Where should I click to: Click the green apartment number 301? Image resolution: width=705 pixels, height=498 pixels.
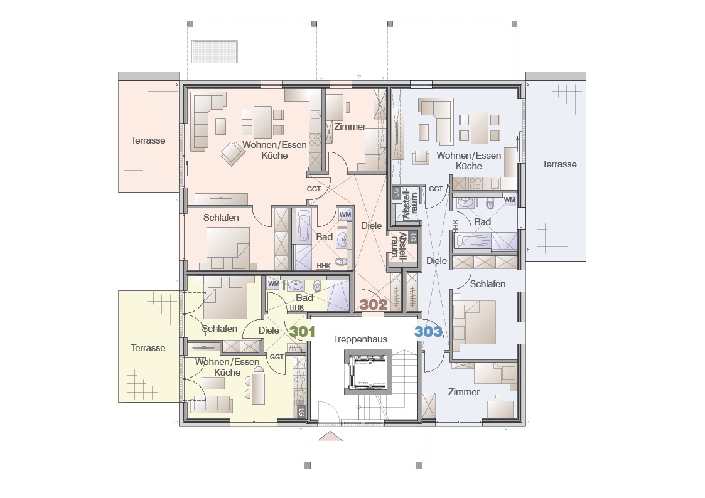(x=302, y=332)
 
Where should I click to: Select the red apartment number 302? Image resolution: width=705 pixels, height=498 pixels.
(x=373, y=305)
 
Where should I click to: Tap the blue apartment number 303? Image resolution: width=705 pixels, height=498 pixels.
(x=428, y=331)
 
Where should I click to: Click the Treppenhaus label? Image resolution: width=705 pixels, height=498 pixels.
(x=360, y=339)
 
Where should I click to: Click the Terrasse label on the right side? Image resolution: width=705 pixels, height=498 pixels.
(x=559, y=164)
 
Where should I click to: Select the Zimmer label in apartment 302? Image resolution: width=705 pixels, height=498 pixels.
(x=350, y=127)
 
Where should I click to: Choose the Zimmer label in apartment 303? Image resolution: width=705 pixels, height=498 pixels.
(x=463, y=392)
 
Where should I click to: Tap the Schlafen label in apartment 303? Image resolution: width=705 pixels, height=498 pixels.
(x=487, y=284)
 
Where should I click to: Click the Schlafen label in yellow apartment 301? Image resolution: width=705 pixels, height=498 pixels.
(x=220, y=329)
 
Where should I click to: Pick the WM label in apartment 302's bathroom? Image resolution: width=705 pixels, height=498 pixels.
(x=345, y=215)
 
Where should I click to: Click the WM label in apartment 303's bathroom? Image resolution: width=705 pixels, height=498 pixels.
(x=509, y=199)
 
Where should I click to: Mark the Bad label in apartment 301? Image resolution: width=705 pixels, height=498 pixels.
(x=304, y=298)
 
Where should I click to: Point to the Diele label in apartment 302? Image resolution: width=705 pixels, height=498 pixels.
(x=372, y=226)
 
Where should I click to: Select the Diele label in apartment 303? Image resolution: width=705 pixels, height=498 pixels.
(x=436, y=261)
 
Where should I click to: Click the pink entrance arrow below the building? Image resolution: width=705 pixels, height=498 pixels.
(x=330, y=436)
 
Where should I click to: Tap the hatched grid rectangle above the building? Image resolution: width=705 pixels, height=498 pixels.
(x=215, y=51)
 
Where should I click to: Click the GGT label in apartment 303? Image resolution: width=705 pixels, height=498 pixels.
(x=436, y=189)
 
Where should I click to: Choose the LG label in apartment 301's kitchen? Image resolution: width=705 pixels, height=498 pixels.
(x=302, y=411)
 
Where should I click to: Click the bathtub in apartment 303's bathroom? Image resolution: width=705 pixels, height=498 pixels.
(x=473, y=241)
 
